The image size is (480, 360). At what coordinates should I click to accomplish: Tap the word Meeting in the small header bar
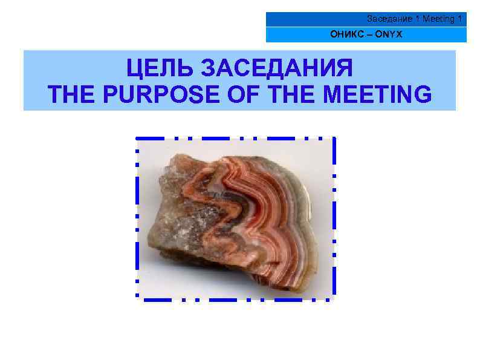[x=439, y=19]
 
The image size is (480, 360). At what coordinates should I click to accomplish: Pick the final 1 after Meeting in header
[x=460, y=19]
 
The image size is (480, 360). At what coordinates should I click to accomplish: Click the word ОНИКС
[x=343, y=34]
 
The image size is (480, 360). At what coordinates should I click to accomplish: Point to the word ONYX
[x=388, y=34]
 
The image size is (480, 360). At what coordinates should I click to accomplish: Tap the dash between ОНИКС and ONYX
[x=365, y=34]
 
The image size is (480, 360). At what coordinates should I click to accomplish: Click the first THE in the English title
[x=70, y=94]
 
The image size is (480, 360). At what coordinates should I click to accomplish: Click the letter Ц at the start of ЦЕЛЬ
[x=134, y=69]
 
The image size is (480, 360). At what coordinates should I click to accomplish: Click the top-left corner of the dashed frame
[x=137, y=139]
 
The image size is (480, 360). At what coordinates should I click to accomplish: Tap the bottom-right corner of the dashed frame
[x=333, y=298]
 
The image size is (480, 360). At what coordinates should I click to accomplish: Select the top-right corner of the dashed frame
[x=333, y=139]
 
